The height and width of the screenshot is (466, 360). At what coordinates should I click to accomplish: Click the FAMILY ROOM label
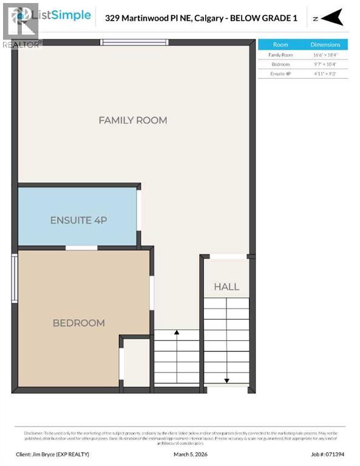click(132, 120)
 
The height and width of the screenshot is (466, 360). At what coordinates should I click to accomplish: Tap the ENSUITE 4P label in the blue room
click(78, 220)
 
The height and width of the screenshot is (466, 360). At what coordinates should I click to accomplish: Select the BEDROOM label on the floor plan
click(79, 323)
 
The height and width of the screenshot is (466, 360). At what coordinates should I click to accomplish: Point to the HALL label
click(226, 286)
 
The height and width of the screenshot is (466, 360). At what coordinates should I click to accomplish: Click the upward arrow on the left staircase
click(176, 333)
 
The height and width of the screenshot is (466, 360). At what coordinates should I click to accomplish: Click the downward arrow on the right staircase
click(226, 380)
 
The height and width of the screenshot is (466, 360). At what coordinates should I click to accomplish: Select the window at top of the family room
click(134, 42)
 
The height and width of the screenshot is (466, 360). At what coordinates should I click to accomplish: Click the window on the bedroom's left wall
click(15, 278)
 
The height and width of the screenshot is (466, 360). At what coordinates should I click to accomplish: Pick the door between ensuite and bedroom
click(81, 248)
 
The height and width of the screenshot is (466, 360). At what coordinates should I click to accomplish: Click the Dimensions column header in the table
click(325, 45)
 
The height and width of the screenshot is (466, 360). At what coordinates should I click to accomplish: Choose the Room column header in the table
click(280, 45)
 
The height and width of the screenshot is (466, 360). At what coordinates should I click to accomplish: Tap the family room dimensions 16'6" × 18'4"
click(325, 55)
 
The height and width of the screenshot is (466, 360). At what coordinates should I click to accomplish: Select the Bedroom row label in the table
click(280, 64)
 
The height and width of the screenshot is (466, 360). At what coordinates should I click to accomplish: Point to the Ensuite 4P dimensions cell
click(325, 73)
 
